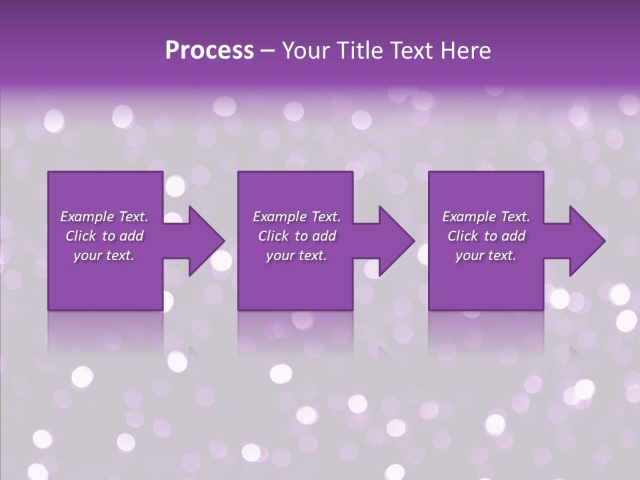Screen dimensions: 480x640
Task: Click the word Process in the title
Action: [209, 51]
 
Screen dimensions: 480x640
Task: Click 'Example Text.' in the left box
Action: [104, 217]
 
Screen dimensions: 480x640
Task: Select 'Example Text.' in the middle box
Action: [297, 217]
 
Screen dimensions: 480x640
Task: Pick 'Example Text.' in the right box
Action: [486, 217]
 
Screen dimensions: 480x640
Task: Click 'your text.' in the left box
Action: [104, 255]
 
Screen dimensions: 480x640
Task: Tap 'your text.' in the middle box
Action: [297, 255]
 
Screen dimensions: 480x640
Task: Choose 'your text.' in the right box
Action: [486, 255]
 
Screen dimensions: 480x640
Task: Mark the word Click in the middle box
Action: [273, 236]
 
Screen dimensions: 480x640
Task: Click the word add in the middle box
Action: [324, 236]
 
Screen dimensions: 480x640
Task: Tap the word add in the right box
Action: [513, 236]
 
